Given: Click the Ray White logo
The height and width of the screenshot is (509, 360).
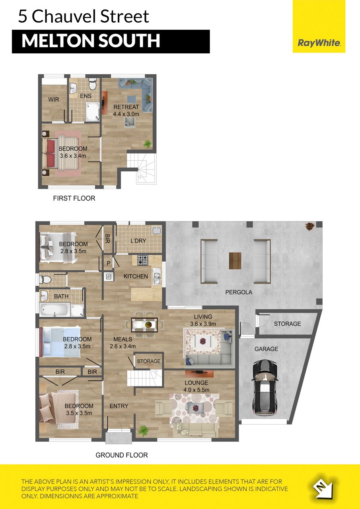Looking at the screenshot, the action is click(319, 43).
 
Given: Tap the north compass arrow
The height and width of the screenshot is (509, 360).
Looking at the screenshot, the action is click(323, 487).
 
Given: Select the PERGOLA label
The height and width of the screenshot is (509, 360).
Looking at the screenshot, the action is click(239, 292).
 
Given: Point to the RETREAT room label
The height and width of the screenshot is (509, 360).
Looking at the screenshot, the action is click(126, 107).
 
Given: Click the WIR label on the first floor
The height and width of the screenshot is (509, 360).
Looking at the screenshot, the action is click(54, 99).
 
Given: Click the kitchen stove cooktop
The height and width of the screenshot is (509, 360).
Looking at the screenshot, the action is click(143, 260).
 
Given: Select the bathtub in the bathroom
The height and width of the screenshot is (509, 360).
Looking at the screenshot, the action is click(54, 309).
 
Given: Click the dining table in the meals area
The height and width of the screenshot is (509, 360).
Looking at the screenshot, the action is click(144, 324).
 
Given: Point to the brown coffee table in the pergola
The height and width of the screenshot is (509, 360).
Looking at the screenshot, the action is click(235, 260).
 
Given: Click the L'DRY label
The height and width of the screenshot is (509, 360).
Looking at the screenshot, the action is click(138, 241).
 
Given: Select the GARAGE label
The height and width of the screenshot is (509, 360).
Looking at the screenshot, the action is click(266, 349).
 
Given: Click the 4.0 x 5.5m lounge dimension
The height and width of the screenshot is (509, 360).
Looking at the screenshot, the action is click(197, 390).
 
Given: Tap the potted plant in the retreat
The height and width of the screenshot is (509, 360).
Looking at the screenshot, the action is click(147, 144).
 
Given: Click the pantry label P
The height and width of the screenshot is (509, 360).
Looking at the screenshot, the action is click(109, 263).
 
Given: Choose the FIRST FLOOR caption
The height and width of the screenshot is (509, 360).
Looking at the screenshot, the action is click(74, 198).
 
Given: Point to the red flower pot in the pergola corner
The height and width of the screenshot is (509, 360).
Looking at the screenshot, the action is click(310, 226).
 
